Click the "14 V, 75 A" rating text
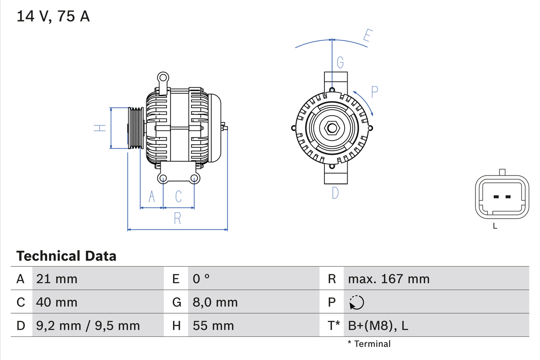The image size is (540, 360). (53, 16)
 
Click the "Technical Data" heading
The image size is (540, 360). (66, 256)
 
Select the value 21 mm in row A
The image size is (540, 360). (57, 279)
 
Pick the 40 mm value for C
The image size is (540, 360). (57, 302)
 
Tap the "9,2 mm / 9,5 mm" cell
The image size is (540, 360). (88, 325)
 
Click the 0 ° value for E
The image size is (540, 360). (201, 279)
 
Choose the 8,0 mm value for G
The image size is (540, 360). (215, 302)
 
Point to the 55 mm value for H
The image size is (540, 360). (213, 325)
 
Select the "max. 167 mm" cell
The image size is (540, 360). (389, 279)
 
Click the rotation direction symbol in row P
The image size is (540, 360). (356, 302)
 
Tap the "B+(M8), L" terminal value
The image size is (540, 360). (378, 325)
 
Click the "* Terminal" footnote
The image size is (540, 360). (369, 344)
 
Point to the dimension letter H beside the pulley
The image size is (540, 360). (100, 128)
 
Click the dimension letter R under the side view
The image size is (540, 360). (178, 219)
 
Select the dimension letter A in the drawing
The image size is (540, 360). (152, 196)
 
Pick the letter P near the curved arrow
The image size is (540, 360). (374, 92)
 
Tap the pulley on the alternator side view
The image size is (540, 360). (136, 128)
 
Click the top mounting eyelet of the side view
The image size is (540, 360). (163, 77)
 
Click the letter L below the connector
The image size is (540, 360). (495, 226)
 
